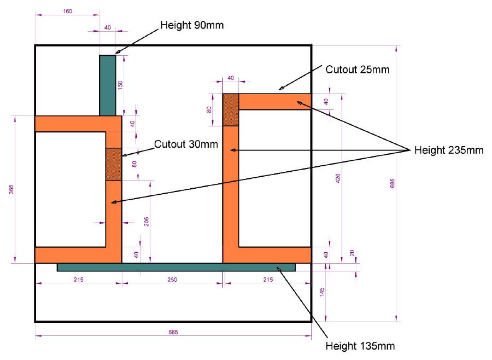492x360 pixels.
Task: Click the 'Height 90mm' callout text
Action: click(192, 25)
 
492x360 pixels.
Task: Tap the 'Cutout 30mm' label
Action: click(186, 145)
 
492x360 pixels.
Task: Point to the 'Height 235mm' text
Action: click(449, 150)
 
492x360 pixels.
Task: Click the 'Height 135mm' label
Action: click(360, 346)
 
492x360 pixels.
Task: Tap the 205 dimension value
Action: click(147, 221)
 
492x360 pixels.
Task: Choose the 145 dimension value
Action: click(323, 292)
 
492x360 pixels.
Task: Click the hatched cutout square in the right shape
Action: click(231, 109)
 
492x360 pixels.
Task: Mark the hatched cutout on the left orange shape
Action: click(113, 164)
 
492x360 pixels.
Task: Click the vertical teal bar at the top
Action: click(107, 85)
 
